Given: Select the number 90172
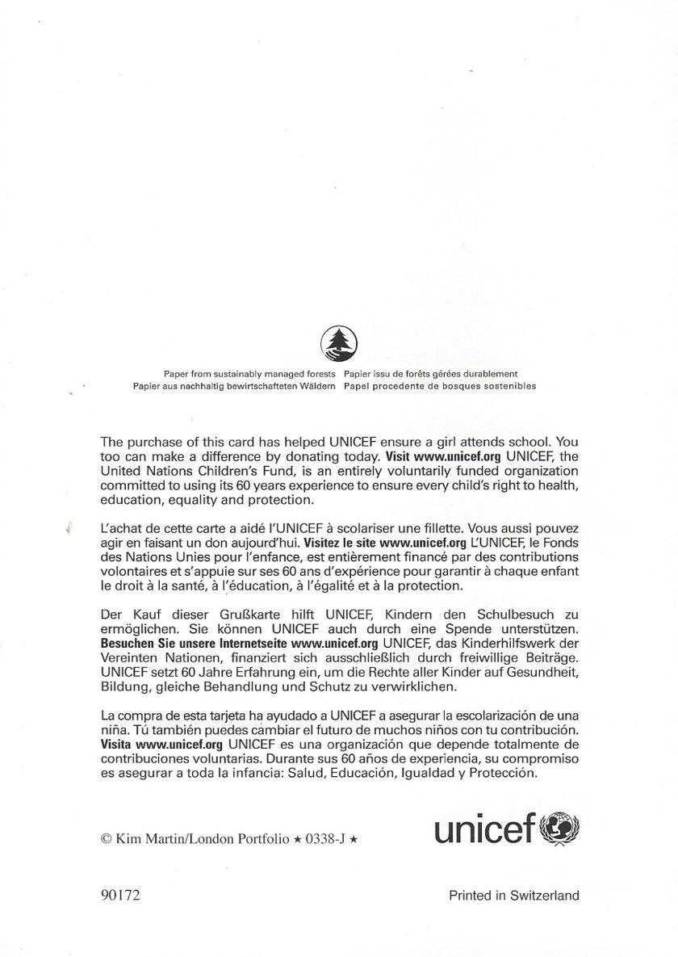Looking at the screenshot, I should click(120, 895).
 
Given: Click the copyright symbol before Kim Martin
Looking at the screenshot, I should click(107, 839).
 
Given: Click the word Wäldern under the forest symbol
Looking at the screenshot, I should click(316, 386).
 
